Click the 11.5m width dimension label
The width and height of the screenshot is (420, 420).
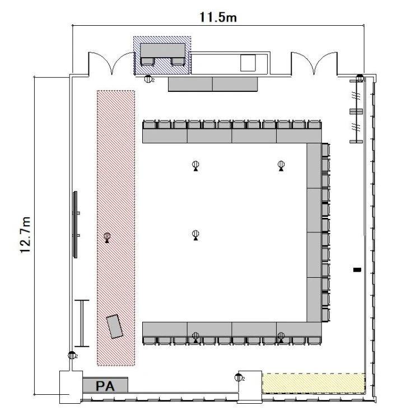[218, 17]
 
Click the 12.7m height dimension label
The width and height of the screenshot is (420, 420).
[26, 235]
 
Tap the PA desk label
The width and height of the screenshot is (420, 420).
[105, 386]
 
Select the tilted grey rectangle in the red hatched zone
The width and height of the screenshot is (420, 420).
[115, 326]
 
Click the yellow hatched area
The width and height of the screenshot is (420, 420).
[314, 383]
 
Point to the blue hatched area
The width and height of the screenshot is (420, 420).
[162, 55]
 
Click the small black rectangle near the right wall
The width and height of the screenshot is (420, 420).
[357, 270]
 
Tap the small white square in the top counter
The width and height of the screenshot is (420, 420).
[248, 63]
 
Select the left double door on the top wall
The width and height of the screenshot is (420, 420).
[111, 63]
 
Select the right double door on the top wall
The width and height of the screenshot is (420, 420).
[314, 63]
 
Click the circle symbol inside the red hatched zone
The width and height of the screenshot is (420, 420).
[107, 236]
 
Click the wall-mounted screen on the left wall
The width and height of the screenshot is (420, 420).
[76, 225]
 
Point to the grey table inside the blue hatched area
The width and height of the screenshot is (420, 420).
[163, 50]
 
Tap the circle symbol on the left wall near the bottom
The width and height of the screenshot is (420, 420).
[72, 355]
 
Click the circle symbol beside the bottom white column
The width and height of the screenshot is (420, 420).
[238, 377]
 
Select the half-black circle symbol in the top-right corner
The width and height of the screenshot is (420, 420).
[360, 78]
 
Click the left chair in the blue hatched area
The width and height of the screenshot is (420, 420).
[148, 62]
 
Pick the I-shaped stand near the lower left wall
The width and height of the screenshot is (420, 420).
[82, 323]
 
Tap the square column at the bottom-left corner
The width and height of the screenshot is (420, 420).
[71, 387]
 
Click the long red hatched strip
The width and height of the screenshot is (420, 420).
[116, 228]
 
